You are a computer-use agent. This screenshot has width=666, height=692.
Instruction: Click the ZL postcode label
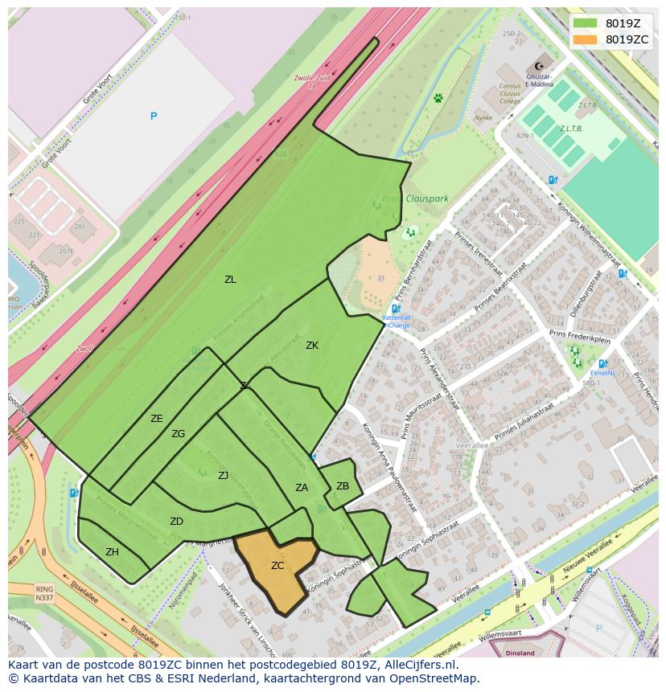tap(230, 280)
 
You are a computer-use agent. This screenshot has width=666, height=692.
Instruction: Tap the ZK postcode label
tap(312, 346)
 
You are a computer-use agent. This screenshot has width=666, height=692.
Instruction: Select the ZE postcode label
tap(157, 419)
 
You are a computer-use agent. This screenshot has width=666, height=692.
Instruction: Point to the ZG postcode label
tap(178, 434)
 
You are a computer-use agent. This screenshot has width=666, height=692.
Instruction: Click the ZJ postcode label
tap(224, 476)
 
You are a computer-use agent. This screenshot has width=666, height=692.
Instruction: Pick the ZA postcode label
tap(302, 488)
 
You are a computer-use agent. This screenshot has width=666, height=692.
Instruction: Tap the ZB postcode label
tap(343, 486)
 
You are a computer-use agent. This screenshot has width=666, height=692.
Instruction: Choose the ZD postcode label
tap(176, 522)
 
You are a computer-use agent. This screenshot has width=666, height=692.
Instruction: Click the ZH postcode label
tap(112, 552)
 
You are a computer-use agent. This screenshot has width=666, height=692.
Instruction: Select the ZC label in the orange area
tap(277, 566)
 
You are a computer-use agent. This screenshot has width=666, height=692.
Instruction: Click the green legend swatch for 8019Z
tap(586, 23)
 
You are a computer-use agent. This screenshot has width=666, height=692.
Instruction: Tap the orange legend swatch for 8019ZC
tap(586, 39)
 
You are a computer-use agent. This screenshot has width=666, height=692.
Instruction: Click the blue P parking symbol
tap(154, 117)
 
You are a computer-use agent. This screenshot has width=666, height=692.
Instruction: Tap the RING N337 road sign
tap(44, 593)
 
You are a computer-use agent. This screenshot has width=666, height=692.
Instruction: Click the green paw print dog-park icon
tap(438, 98)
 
